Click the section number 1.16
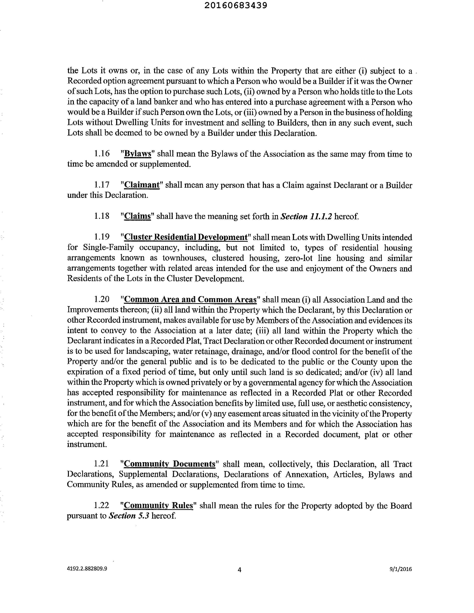point(102,154)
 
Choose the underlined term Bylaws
point(138,154)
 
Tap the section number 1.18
point(102,216)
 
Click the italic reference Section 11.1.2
point(306,216)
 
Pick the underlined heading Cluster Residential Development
point(186,237)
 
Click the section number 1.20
point(102,299)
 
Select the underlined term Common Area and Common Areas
point(190,299)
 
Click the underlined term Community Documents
point(169,464)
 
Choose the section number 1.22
point(102,505)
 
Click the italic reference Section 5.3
point(129,516)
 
